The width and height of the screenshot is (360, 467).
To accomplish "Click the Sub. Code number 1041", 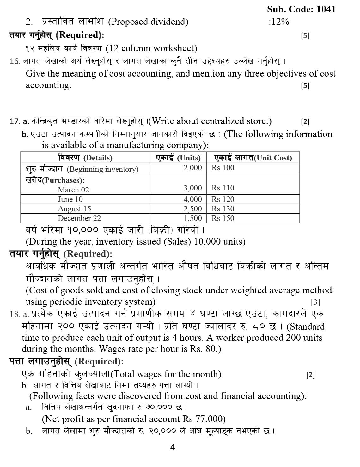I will point(326,9).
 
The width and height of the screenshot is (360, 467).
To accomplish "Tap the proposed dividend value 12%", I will point(279,22).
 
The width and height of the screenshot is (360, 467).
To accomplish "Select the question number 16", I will point(15,61).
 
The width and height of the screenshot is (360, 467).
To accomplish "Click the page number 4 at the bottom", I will point(173,447).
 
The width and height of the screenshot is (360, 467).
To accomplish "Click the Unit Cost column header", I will point(253,158).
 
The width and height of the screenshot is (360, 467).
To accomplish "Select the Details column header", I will point(85,158).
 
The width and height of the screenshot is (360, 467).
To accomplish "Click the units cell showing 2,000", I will point(192,168).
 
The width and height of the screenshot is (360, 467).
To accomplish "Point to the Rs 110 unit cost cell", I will point(223,188).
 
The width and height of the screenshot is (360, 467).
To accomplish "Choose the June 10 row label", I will point(70,199).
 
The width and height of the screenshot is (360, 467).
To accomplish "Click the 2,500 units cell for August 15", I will point(192,209).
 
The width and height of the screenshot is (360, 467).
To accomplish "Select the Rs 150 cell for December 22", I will point(223,218).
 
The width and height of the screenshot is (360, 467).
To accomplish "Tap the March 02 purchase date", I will point(73,190).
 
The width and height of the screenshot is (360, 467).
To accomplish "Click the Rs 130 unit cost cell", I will point(223,209).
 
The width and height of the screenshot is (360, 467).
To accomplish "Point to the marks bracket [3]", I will point(315,302).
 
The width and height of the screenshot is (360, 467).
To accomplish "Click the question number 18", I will point(15,314).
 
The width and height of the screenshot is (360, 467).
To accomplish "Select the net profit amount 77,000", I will point(211,419).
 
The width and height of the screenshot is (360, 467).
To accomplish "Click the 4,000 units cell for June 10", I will point(192,199).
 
